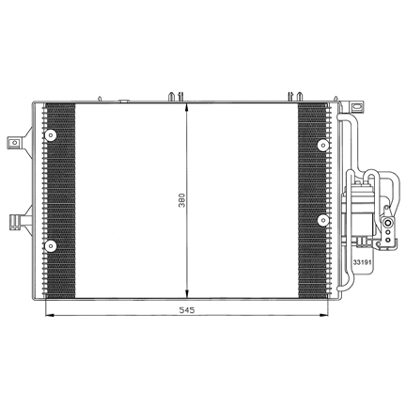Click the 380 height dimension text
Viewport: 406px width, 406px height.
coord(182,200)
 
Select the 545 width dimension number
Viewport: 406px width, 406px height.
coord(187,310)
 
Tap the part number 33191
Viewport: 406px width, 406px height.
coord(362,262)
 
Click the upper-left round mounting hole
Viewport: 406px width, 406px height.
coord(50,135)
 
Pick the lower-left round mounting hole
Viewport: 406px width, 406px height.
coord(50,246)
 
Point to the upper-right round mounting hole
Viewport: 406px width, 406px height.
coord(322,145)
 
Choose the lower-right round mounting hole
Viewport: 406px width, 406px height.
coord(322,220)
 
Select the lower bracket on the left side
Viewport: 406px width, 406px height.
coord(20,222)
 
